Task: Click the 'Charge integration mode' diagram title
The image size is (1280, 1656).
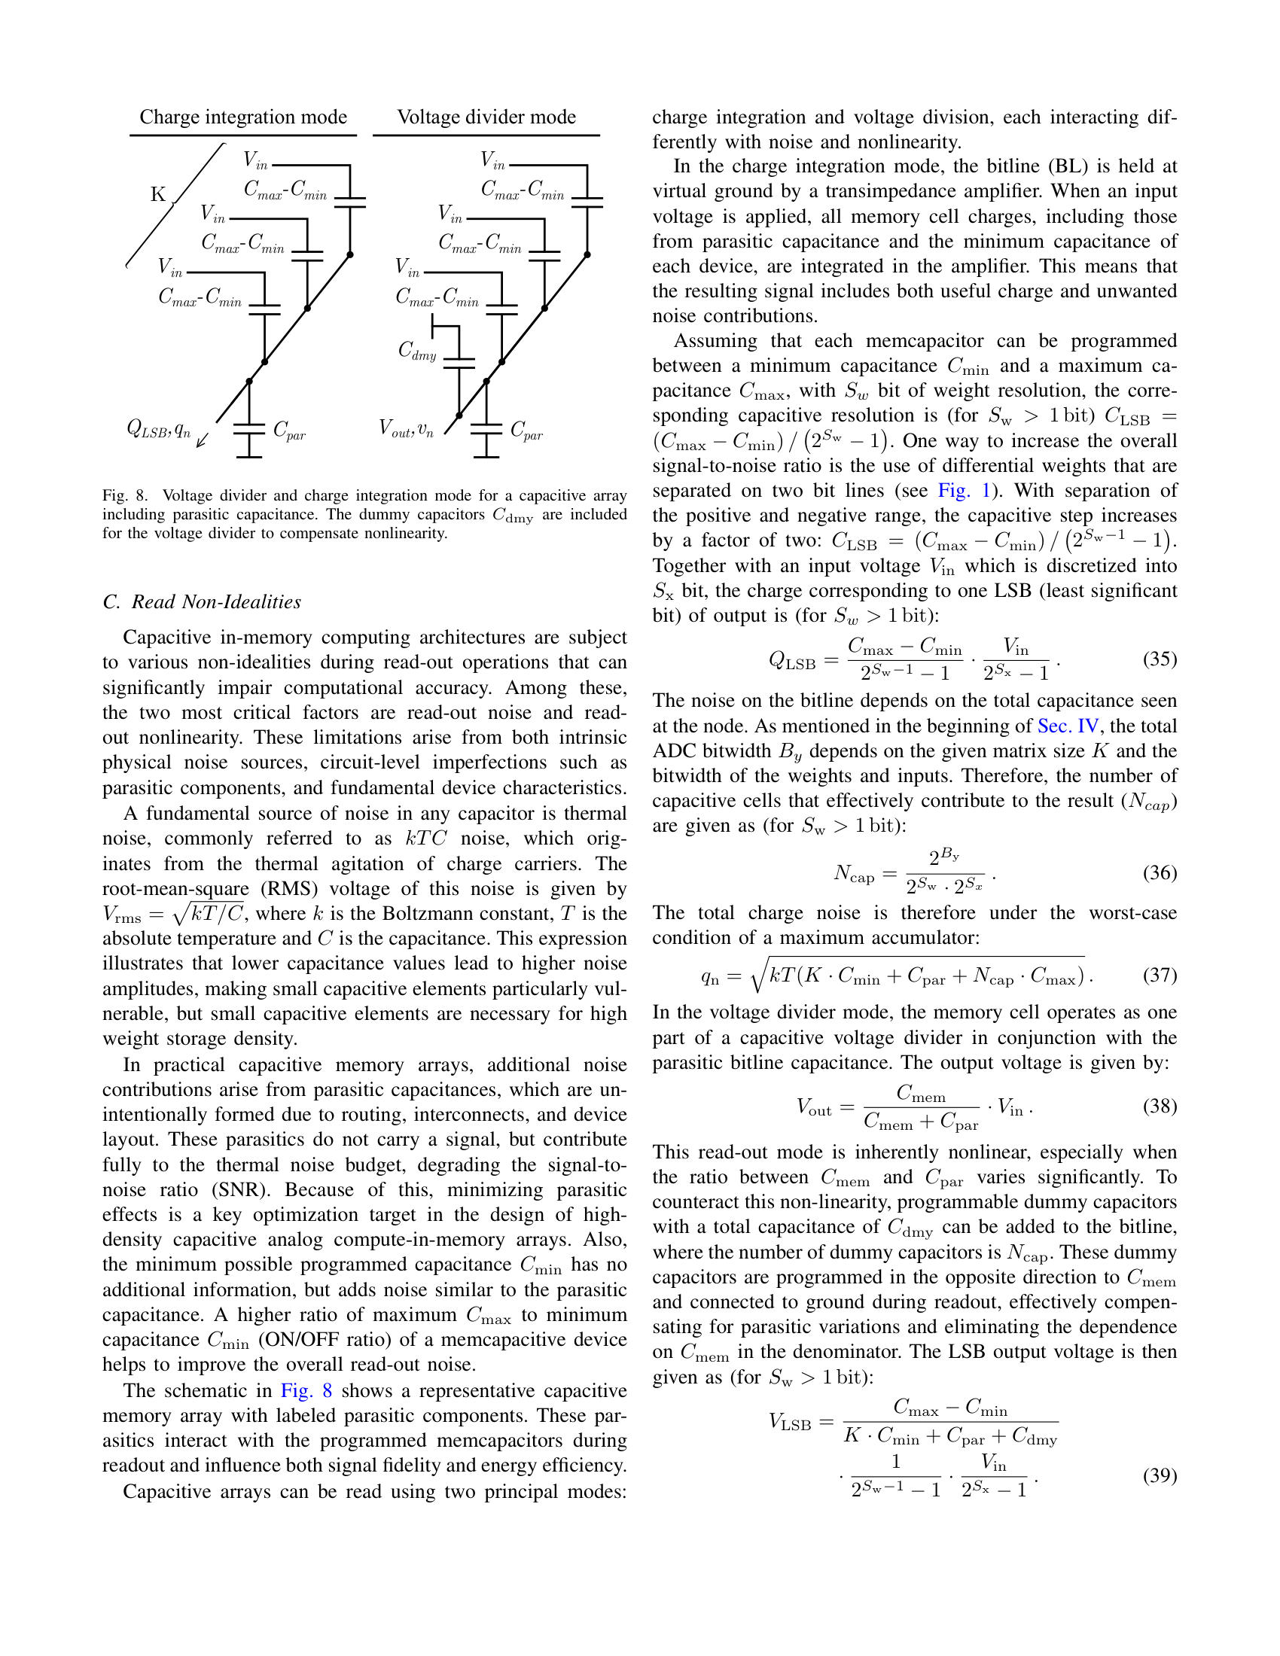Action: [x=242, y=117]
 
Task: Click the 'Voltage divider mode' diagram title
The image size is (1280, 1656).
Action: [x=486, y=117]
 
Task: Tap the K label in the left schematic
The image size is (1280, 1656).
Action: [x=157, y=195]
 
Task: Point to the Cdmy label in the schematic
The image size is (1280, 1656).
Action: [x=417, y=350]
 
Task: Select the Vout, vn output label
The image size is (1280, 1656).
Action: [x=406, y=429]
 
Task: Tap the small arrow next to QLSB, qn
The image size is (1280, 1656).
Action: [x=202, y=440]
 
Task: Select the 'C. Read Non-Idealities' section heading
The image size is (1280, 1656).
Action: [x=202, y=601]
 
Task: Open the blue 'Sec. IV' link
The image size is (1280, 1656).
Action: [x=1068, y=726]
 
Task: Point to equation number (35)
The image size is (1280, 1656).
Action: [x=1160, y=658]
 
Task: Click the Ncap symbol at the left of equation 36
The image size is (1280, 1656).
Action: [x=854, y=873]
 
